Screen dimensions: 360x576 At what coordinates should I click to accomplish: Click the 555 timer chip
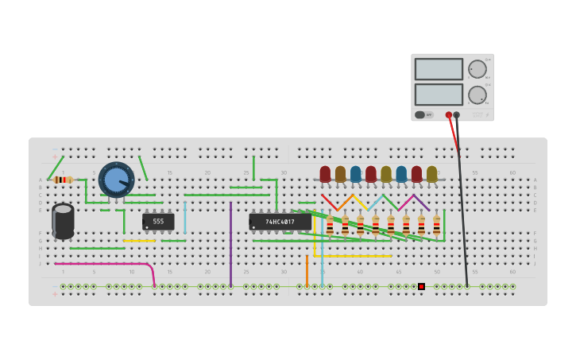click(x=158, y=222)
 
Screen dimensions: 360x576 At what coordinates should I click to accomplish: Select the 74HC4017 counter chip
click(x=280, y=222)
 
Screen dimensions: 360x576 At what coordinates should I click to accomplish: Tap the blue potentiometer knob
click(x=117, y=180)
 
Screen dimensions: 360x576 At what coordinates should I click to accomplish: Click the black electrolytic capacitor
click(x=63, y=220)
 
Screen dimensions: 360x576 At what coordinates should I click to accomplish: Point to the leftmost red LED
click(x=325, y=174)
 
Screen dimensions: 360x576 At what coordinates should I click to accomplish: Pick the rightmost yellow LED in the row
click(x=431, y=174)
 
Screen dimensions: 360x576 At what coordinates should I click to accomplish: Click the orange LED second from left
click(x=340, y=174)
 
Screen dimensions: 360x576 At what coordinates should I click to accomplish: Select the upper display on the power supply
click(x=438, y=69)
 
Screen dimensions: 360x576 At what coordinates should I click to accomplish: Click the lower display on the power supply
click(x=438, y=95)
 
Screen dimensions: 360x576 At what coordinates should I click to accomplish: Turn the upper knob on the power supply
click(x=477, y=69)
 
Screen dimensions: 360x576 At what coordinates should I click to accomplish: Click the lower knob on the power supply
click(x=477, y=95)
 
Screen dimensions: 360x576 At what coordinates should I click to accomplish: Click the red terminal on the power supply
click(x=449, y=114)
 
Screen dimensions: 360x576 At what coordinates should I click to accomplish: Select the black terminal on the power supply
click(x=456, y=114)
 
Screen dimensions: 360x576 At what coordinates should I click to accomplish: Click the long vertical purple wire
click(x=230, y=242)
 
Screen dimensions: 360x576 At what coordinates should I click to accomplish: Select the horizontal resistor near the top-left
click(x=63, y=180)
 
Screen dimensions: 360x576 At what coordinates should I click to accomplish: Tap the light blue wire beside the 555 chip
click(x=185, y=217)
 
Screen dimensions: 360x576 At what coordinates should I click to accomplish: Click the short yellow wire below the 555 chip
click(x=139, y=240)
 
